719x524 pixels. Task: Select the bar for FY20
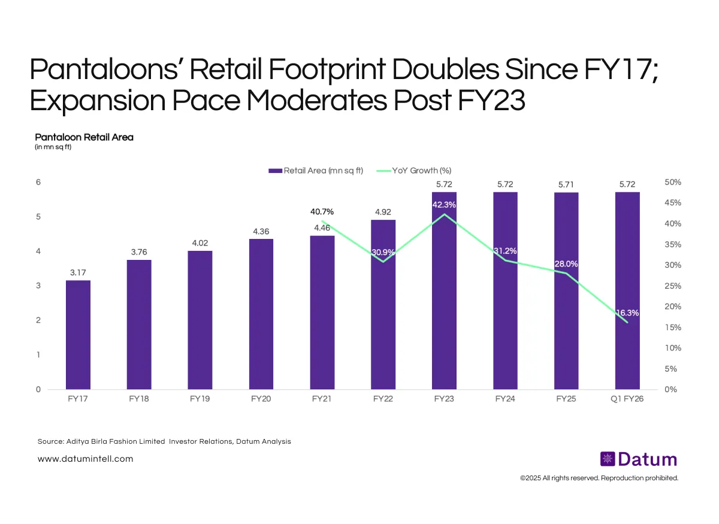[261, 314]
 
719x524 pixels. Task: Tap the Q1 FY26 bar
[627, 290]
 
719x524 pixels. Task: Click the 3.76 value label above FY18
[139, 252]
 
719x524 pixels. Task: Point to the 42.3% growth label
[444, 205]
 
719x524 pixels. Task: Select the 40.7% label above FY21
[322, 211]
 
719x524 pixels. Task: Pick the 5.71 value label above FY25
[566, 185]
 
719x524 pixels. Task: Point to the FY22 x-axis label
[383, 399]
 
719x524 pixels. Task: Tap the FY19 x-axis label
[200, 399]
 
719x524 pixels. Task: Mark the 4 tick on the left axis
[38, 252]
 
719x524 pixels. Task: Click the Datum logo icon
[608, 459]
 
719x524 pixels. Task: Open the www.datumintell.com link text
[85, 459]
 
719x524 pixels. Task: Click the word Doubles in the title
[439, 71]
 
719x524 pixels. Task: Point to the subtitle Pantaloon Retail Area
[84, 137]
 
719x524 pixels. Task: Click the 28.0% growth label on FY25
[566, 264]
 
